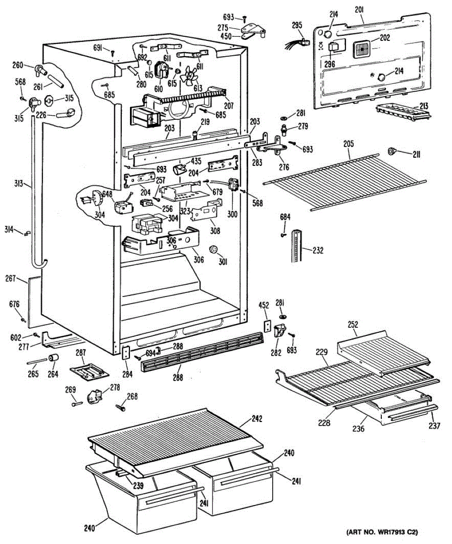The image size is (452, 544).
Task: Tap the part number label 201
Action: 359,10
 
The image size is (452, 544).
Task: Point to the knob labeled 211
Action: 391,151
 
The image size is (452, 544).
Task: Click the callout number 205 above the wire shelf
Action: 348,144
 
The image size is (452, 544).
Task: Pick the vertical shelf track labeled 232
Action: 297,246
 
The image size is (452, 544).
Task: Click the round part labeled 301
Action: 213,249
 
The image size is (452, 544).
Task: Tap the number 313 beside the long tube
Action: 19,184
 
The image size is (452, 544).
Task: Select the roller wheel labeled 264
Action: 53,358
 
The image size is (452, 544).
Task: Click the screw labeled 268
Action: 120,407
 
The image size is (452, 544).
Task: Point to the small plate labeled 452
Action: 267,326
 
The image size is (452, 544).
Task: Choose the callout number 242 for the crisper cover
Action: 257,419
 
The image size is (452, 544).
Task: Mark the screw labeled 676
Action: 24,320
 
